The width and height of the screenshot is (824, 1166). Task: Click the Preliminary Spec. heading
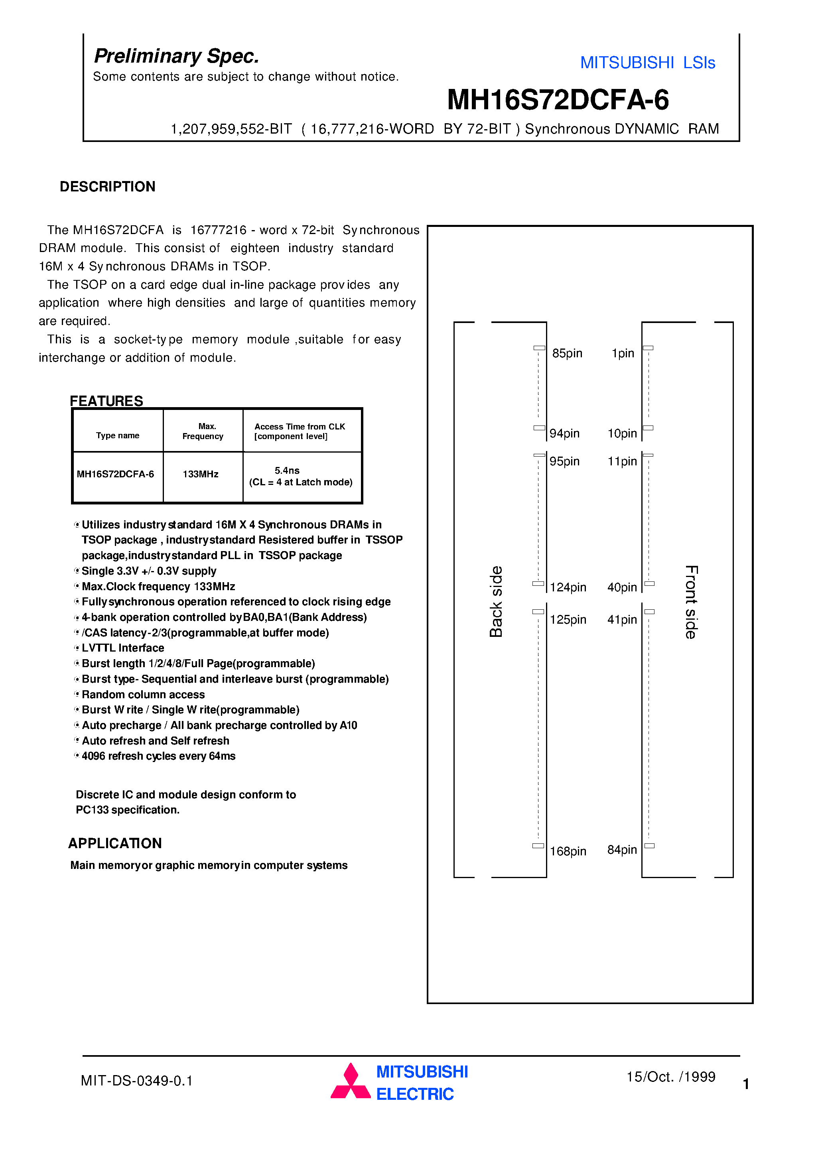[176, 56]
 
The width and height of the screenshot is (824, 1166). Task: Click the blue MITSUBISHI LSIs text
[647, 63]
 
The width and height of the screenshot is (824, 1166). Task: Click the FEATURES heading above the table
[106, 401]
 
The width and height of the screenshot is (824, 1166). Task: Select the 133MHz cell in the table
[201, 474]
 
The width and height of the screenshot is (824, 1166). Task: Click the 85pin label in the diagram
[567, 353]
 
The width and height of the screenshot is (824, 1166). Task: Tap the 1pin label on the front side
[623, 353]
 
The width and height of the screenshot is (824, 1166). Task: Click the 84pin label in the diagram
[622, 850]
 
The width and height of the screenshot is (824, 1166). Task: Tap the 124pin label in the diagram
[568, 587]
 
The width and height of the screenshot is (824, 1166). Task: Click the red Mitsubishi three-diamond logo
[350, 1082]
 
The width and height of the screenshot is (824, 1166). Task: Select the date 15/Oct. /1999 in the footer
[670, 1077]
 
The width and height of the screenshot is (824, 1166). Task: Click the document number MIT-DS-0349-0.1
[137, 1081]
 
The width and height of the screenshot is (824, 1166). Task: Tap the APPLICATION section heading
[115, 843]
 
